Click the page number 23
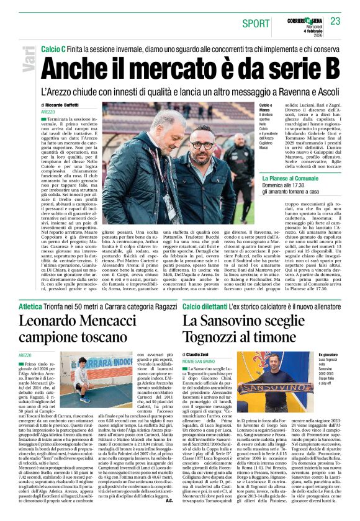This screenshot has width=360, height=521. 336,21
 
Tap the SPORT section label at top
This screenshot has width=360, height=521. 256,23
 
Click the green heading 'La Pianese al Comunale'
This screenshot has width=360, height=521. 293,178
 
